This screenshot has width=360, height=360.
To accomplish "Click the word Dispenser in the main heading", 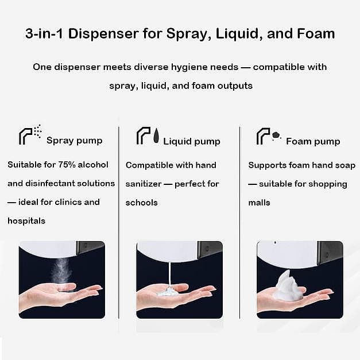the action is pyautogui.click(x=103, y=33).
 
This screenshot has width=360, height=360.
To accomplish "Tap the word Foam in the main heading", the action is pyautogui.click(x=316, y=33).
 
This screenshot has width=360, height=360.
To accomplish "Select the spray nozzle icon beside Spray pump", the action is pyautogui.click(x=30, y=135).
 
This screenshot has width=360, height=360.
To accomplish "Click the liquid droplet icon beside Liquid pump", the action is pyautogui.click(x=156, y=136).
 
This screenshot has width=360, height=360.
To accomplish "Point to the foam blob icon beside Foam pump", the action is pyautogui.click(x=276, y=136).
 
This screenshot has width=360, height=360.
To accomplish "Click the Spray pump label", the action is pyautogui.click(x=75, y=141).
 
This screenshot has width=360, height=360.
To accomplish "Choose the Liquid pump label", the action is pyautogui.click(x=192, y=141).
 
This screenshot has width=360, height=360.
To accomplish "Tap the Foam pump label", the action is pyautogui.click(x=313, y=141).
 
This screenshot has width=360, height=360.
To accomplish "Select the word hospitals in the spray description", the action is pyautogui.click(x=26, y=221).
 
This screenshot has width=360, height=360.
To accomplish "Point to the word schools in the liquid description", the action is pyautogui.click(x=141, y=203).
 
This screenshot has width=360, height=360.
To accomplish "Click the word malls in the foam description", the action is pyautogui.click(x=259, y=203).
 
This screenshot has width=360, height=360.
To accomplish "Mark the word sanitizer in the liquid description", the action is pyautogui.click(x=144, y=184).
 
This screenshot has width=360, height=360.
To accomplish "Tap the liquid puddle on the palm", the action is pyautogui.click(x=168, y=292).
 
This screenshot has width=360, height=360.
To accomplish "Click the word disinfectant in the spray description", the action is pyautogui.click(x=50, y=183).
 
